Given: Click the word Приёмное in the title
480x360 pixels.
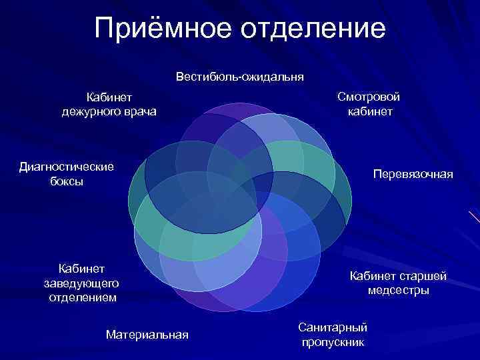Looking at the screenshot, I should point(161,29).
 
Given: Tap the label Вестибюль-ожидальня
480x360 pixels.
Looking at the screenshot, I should point(240,77).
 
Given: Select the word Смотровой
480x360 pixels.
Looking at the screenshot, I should point(369,97).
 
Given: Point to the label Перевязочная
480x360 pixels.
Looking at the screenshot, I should point(413,174).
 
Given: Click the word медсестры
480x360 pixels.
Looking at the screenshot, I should point(398,291).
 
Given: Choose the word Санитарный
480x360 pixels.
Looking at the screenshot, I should point(333,328).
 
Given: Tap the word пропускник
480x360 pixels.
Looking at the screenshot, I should point(333,343).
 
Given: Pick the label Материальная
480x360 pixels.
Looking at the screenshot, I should point(147,334).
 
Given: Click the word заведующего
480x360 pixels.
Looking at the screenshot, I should point(82,283).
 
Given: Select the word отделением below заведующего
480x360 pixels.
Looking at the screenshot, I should point(82,297).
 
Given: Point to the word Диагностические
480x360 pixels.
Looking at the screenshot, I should point(67,167).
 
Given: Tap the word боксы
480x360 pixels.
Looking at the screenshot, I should point(67,181).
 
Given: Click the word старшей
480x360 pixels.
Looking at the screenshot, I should point(423,276).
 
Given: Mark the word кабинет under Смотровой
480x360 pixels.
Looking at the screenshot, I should point(369,111).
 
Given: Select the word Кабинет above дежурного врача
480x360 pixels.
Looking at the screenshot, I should point(109,97).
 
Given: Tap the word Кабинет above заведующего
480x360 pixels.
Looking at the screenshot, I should point(82,269).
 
